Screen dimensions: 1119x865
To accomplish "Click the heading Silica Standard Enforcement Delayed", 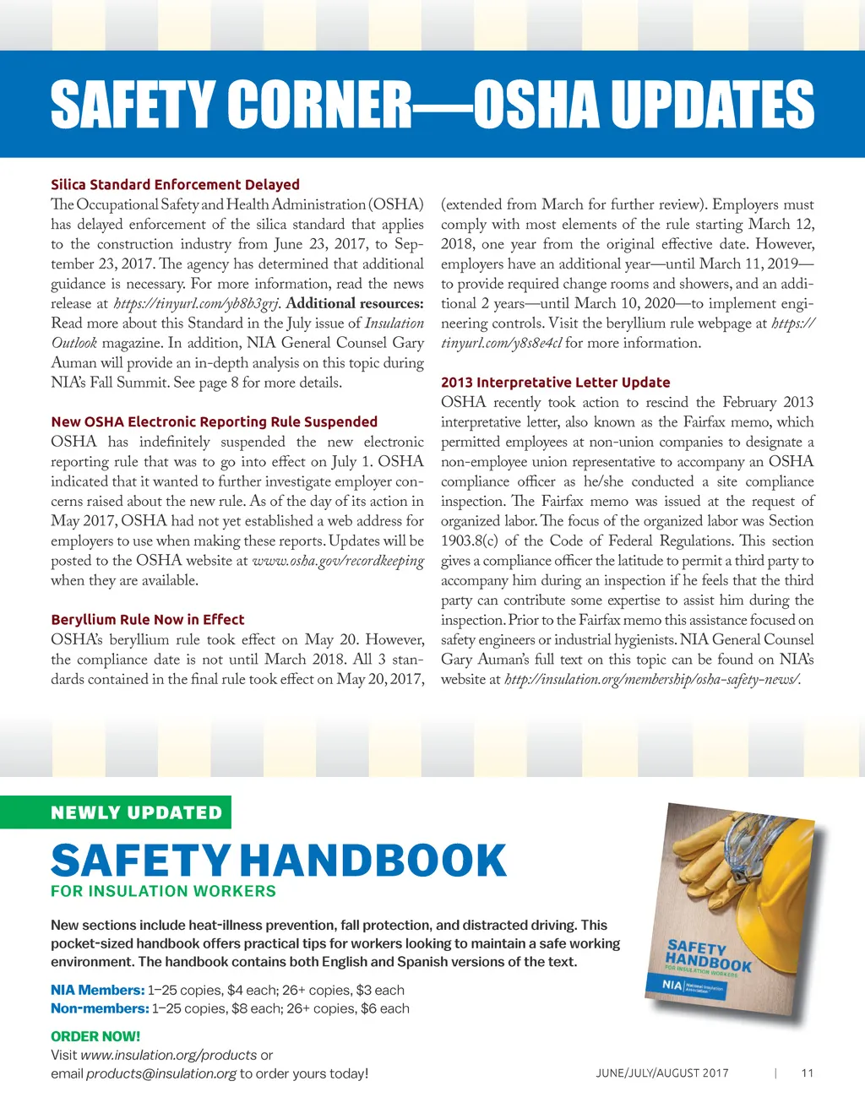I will [x=175, y=184].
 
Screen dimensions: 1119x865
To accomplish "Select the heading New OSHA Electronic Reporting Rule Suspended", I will [x=214, y=421].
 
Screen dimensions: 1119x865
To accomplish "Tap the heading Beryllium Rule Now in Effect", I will [x=147, y=619].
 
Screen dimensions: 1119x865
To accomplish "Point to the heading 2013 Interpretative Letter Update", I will [x=555, y=382].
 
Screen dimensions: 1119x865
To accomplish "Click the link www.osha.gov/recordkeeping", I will [x=338, y=561].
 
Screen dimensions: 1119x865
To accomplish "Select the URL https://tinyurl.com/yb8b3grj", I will [x=196, y=303].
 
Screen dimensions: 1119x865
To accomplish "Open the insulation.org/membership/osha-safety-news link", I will [x=652, y=679].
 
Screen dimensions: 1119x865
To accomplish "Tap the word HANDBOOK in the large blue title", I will [x=373, y=861].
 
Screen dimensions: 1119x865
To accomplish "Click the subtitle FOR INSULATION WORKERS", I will [x=163, y=891].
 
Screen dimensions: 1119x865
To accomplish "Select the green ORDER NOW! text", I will [x=95, y=1036].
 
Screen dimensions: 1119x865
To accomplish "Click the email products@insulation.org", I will [x=160, y=1073].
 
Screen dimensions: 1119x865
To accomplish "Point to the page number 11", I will [x=807, y=1073].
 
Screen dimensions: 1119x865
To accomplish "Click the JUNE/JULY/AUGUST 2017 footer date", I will [x=661, y=1073].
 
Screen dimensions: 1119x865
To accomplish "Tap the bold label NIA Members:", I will [x=97, y=990].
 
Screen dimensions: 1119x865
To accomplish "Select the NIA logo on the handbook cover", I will [x=672, y=985].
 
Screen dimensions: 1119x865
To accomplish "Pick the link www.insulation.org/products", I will [x=168, y=1055].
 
